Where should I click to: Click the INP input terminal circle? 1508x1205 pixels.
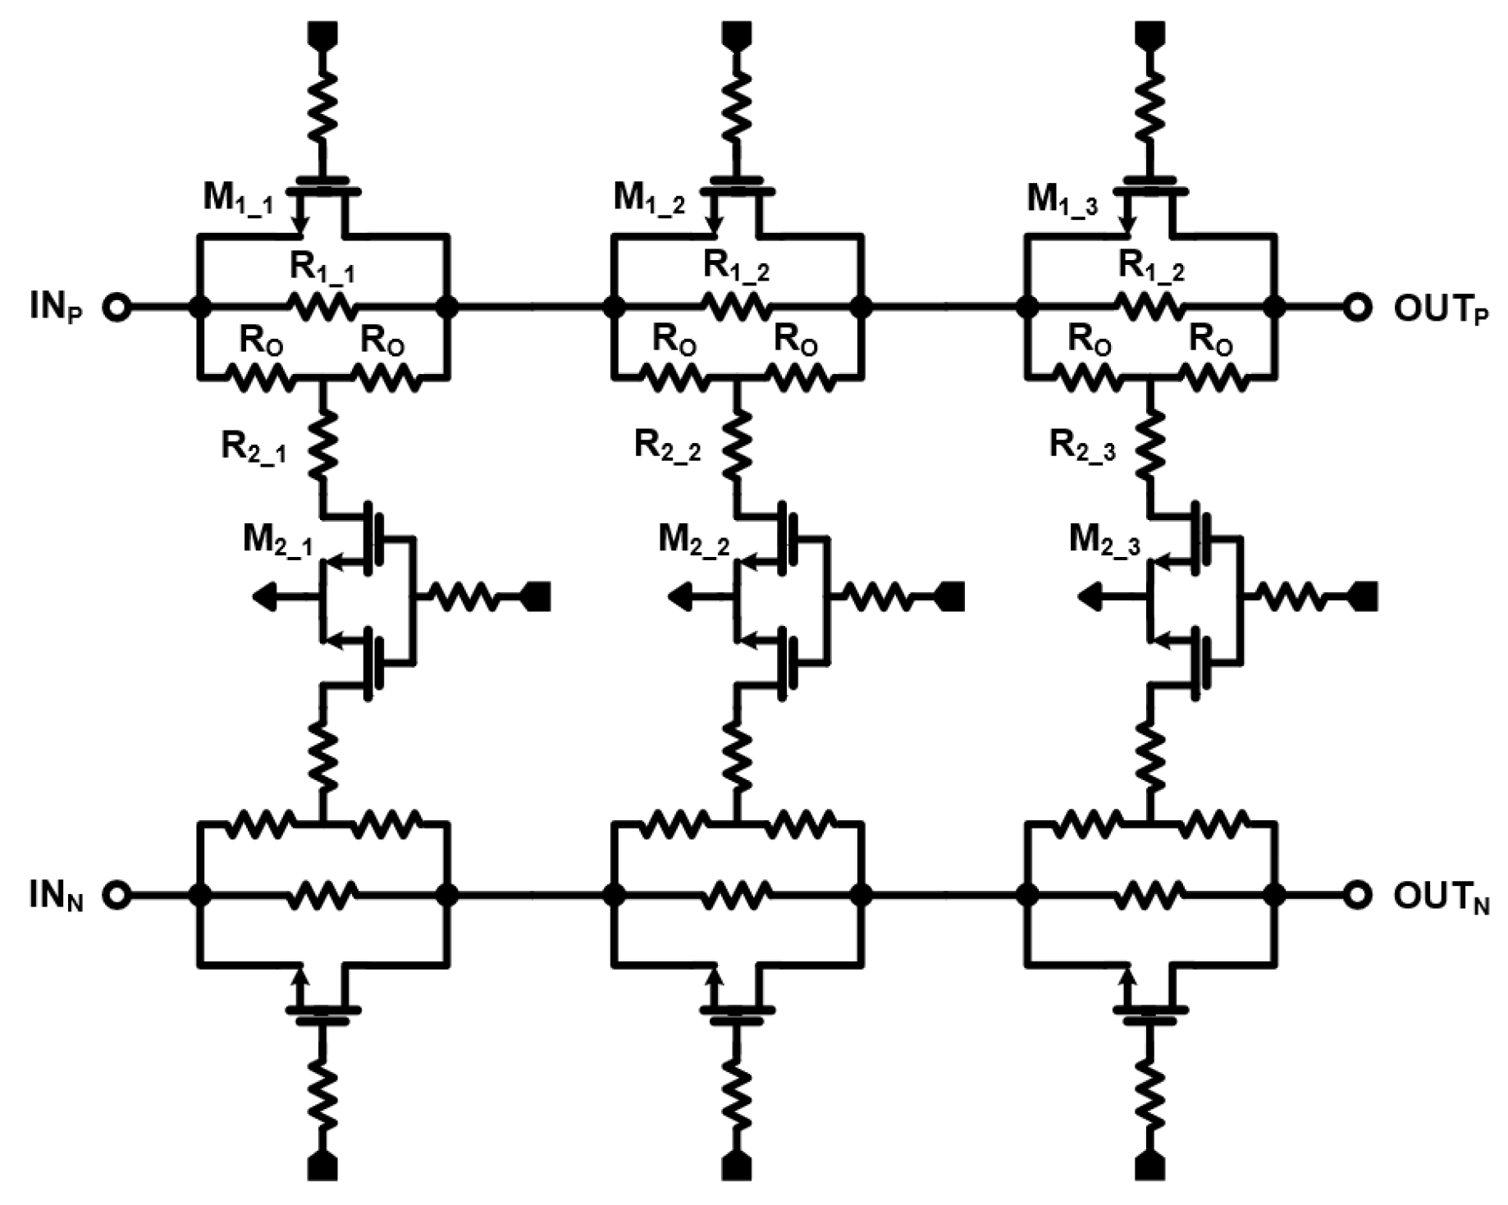[x=117, y=308]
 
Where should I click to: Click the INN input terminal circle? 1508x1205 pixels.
[x=117, y=895]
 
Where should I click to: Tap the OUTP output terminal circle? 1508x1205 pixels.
[x=1358, y=308]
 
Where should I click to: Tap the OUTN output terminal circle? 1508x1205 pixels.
[x=1358, y=895]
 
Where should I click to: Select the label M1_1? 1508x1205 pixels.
[x=238, y=199]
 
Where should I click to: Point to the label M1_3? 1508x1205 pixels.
[x=1062, y=199]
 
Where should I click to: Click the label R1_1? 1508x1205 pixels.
[x=322, y=267]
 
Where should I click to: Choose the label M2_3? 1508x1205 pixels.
[x=1104, y=541]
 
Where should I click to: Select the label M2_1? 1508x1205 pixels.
[x=277, y=541]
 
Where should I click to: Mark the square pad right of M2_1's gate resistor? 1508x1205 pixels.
[x=537, y=596]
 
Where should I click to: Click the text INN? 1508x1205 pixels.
[x=56, y=897]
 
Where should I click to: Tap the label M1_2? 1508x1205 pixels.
[x=649, y=199]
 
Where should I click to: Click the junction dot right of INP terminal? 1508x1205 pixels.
[x=199, y=308]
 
